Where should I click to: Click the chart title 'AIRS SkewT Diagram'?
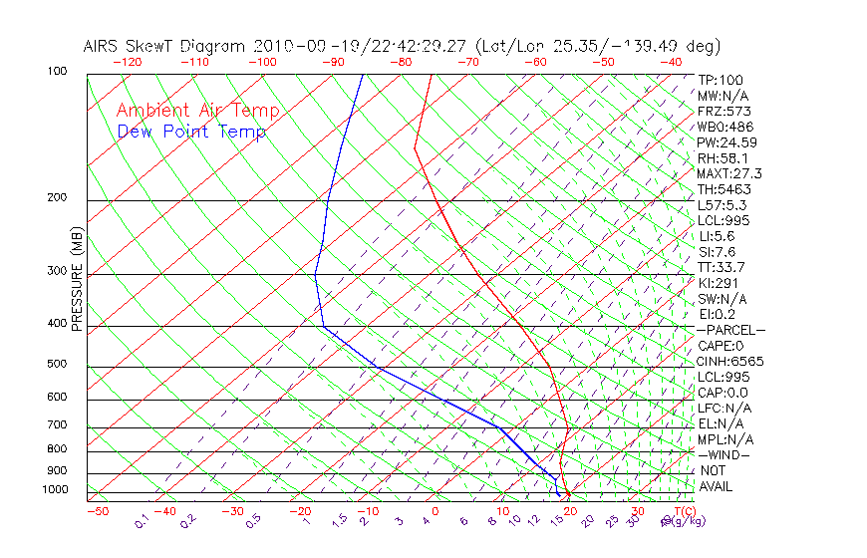click(x=165, y=47)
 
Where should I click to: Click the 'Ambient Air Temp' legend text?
click(x=197, y=111)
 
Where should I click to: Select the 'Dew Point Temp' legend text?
click(x=191, y=132)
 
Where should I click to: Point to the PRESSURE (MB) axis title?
click(x=77, y=279)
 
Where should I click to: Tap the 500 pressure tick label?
click(x=59, y=364)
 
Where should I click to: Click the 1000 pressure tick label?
click(x=57, y=490)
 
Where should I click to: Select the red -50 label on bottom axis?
click(x=97, y=512)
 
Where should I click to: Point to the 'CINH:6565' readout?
click(x=730, y=361)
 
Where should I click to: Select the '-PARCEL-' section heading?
click(x=730, y=330)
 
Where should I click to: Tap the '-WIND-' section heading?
click(x=724, y=454)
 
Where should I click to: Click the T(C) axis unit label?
click(x=681, y=512)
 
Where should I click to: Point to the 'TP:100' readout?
click(x=720, y=80)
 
